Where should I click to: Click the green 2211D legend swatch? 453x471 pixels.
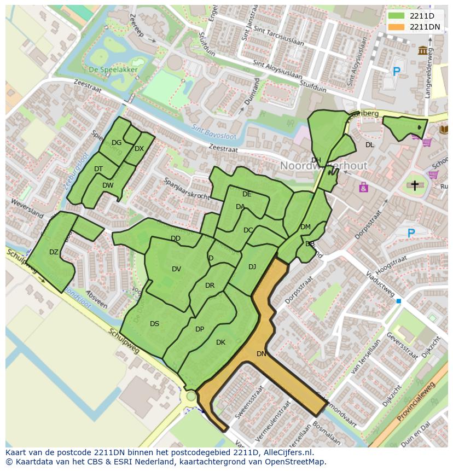(x=396, y=16)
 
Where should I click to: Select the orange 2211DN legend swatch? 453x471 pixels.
(x=396, y=27)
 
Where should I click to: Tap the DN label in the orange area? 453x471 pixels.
(x=262, y=354)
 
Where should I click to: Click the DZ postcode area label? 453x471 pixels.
(x=54, y=252)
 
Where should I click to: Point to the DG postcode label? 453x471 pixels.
(x=117, y=143)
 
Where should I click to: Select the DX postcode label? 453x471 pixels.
(x=139, y=149)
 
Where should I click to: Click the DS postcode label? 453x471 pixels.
(x=155, y=324)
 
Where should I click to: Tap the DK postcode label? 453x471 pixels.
(x=220, y=342)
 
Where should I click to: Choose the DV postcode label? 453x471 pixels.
(x=176, y=269)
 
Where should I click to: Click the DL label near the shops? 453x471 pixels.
(x=370, y=144)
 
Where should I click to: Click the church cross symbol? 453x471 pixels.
(x=415, y=186)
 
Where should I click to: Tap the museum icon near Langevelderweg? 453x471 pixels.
(x=422, y=50)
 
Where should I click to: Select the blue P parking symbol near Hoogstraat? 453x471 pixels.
(x=411, y=234)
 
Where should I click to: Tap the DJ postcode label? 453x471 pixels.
(x=252, y=267)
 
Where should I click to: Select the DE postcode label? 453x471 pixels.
(x=247, y=194)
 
